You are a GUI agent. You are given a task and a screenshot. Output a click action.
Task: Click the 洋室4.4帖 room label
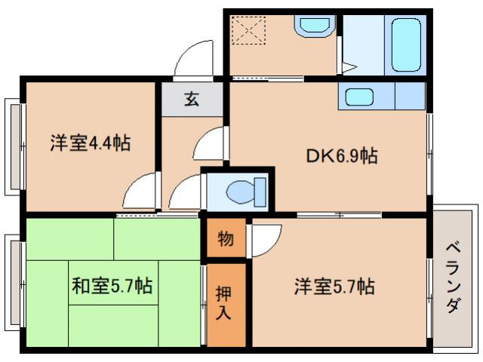90,143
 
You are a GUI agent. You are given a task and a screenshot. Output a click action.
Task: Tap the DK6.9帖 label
341,157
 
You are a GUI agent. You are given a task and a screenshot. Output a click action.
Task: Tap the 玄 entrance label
192,100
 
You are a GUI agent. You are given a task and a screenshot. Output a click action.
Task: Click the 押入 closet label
224,302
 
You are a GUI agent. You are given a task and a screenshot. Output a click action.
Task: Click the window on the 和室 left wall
14,283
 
